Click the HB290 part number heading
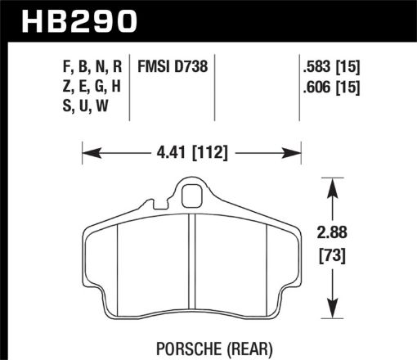74,19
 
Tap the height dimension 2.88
332,232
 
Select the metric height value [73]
332,254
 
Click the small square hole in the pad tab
192,196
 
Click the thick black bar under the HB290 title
208,38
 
